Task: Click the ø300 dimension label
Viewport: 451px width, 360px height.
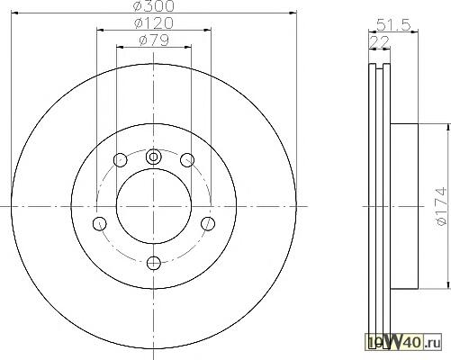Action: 154,6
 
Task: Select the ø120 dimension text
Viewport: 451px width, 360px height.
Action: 154,23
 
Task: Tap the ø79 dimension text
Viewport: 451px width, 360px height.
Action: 154,40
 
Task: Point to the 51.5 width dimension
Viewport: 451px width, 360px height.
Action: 393,25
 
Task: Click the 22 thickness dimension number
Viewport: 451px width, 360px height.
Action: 380,42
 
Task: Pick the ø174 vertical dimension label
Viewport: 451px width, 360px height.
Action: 442,206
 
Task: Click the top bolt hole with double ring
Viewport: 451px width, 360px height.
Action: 153,157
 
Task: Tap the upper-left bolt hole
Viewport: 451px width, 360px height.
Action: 121,160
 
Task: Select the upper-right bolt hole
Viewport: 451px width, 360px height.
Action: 187,160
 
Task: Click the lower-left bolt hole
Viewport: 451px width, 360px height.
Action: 100,223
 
